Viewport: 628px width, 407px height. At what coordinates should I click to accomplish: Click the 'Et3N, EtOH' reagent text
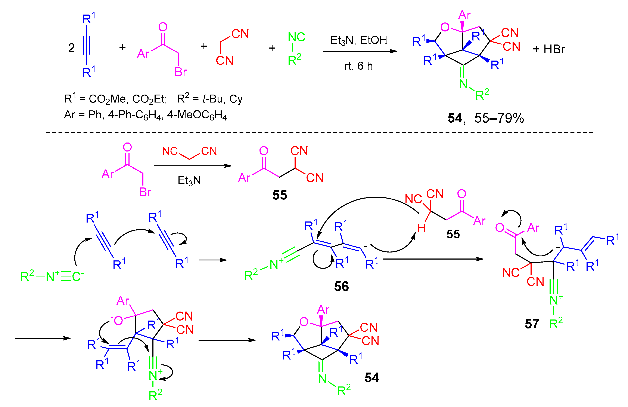(358, 40)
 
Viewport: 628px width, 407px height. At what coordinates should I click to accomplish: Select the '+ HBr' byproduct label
(549, 49)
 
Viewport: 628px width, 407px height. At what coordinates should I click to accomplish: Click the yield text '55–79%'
(499, 118)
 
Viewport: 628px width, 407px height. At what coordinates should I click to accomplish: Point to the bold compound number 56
(341, 287)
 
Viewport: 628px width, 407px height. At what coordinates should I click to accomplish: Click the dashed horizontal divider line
(317, 132)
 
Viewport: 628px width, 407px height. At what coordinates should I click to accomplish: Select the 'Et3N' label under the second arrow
(189, 181)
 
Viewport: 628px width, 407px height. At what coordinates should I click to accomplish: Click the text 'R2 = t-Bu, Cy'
(209, 99)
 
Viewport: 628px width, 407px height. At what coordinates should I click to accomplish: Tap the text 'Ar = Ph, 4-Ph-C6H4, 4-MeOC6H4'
(145, 115)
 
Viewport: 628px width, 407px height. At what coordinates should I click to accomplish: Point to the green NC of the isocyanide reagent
(296, 37)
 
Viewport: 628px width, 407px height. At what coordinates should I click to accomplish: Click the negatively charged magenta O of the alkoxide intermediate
(118, 321)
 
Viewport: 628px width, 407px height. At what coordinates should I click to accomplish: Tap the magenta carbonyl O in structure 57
(500, 227)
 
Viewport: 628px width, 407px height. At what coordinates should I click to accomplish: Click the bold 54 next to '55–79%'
(455, 118)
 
